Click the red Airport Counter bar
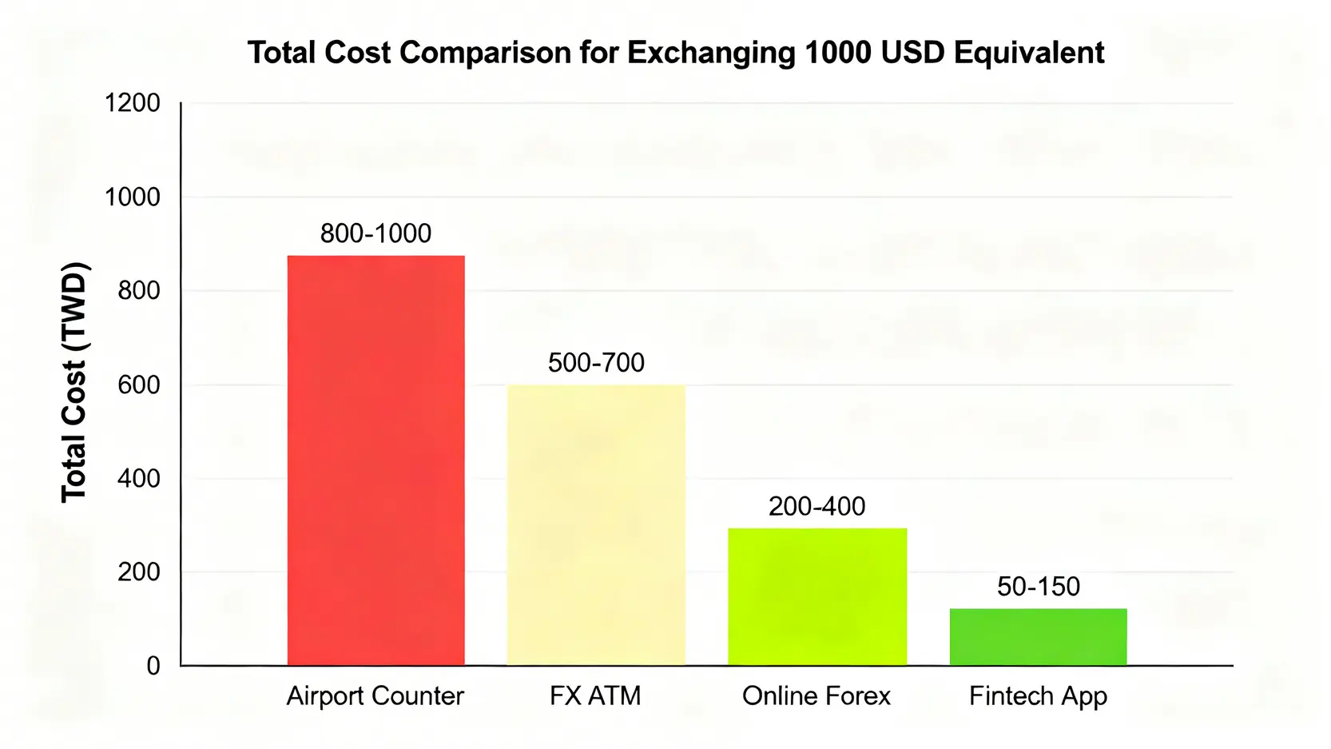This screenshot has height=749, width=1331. point(375,460)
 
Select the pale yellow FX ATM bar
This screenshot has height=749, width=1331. point(596,525)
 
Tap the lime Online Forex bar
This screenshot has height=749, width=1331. point(817,596)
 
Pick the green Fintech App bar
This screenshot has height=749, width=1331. point(1038,636)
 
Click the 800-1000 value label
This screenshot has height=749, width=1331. point(375,233)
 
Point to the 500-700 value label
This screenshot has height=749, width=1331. point(596,363)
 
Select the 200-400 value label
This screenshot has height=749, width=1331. point(817,507)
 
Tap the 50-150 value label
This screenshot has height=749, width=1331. point(1038,587)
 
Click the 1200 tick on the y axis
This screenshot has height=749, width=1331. point(133,103)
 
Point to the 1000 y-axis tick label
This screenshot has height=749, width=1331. point(133,197)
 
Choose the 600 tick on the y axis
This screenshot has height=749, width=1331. point(139,384)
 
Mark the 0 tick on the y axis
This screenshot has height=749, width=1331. point(153,666)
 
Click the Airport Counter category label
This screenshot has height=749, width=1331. point(375,696)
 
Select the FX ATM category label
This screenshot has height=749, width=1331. point(595,696)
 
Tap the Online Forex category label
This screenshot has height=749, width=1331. point(816,696)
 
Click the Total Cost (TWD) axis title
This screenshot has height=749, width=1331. point(75,383)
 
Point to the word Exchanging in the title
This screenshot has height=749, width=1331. point(711,54)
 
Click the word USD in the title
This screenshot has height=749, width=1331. point(912,52)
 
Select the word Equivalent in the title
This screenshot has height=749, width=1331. point(1029,54)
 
